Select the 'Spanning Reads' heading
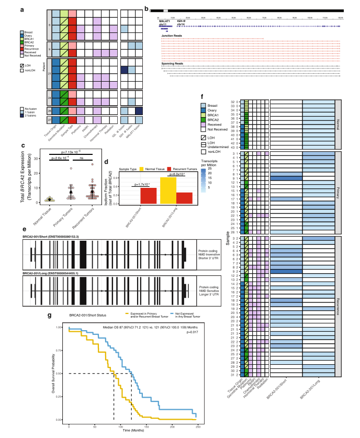tap(171, 64)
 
